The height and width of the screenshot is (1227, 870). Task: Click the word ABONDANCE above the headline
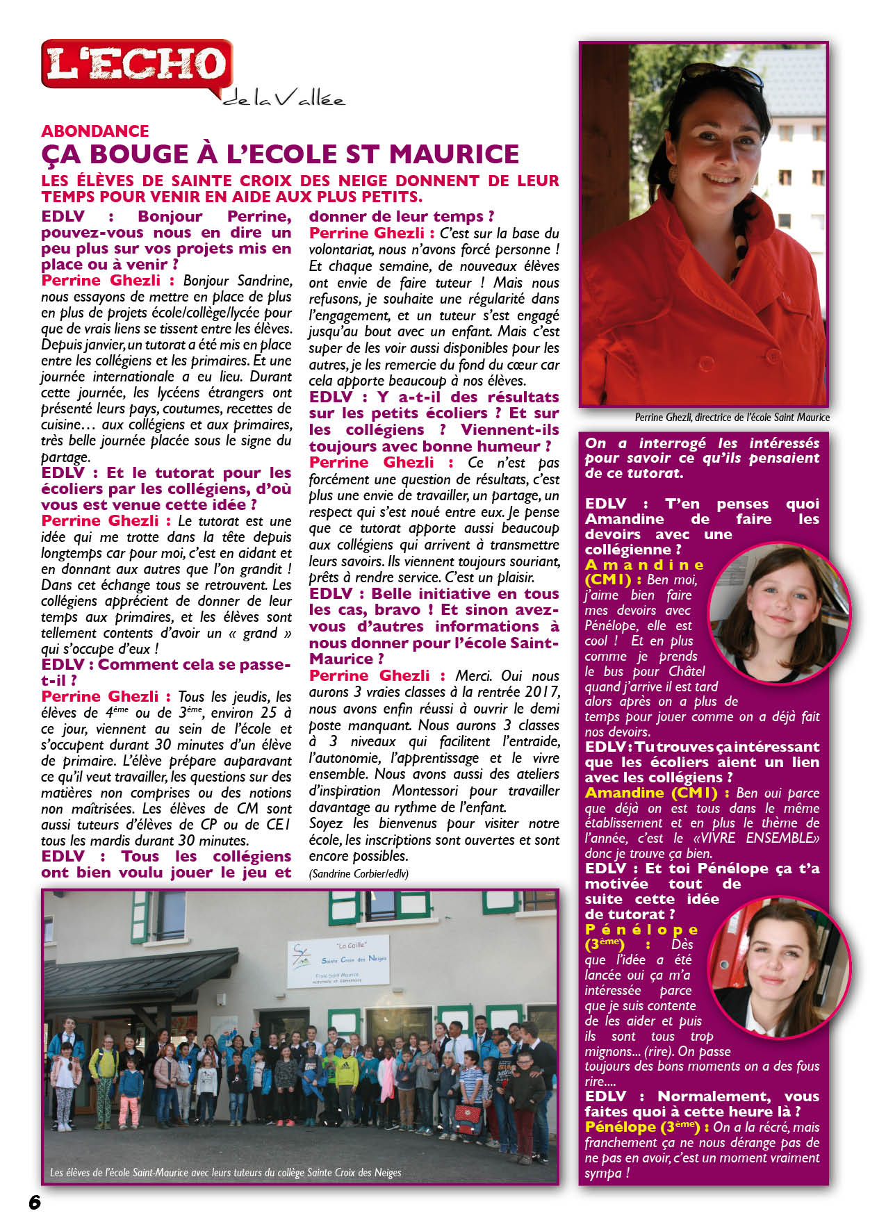[95, 131]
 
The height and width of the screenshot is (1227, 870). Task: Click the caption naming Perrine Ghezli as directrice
[732, 418]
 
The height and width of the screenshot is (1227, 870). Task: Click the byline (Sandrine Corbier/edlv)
[359, 874]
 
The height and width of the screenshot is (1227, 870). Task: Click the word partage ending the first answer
[65, 457]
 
